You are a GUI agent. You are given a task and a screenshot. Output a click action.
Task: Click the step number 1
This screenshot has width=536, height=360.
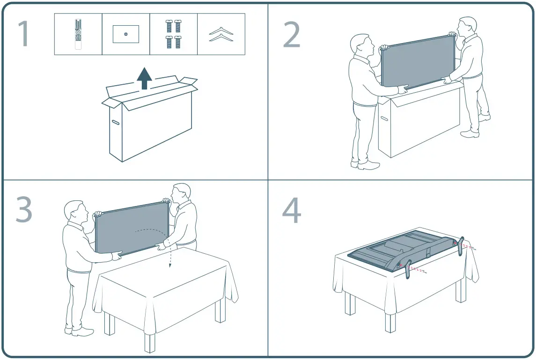tap(23, 34)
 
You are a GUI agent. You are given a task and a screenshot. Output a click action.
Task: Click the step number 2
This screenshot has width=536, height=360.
tap(292, 34)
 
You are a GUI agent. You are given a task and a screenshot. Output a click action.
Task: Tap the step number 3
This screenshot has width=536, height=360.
tap(24, 209)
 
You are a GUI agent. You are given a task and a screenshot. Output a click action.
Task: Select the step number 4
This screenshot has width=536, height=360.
tap(292, 210)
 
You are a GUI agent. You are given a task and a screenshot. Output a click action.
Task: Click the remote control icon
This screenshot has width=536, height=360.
tap(78, 34)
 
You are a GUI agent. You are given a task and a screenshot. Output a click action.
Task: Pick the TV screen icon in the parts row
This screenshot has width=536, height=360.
tap(126, 34)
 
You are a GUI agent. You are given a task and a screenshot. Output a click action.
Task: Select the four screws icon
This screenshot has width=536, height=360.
tap(174, 34)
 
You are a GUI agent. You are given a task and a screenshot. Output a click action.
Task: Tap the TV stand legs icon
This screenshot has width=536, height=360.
tap(221, 34)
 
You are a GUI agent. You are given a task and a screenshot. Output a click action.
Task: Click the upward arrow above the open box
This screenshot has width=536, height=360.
tap(144, 78)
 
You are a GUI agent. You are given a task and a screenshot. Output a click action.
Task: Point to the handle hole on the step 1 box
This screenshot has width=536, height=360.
tap(115, 122)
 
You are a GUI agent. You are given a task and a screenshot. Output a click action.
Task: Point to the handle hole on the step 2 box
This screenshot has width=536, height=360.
tap(384, 118)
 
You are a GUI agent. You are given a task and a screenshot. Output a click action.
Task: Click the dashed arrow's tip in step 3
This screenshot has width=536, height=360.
tap(169, 267)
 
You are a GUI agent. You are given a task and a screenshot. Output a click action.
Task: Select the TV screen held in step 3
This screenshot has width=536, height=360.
tap(132, 228)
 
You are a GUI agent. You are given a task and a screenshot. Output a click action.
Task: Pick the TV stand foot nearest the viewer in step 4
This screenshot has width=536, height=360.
tap(408, 269)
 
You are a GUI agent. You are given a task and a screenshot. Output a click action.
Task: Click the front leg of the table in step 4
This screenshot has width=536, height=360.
tap(390, 323)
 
